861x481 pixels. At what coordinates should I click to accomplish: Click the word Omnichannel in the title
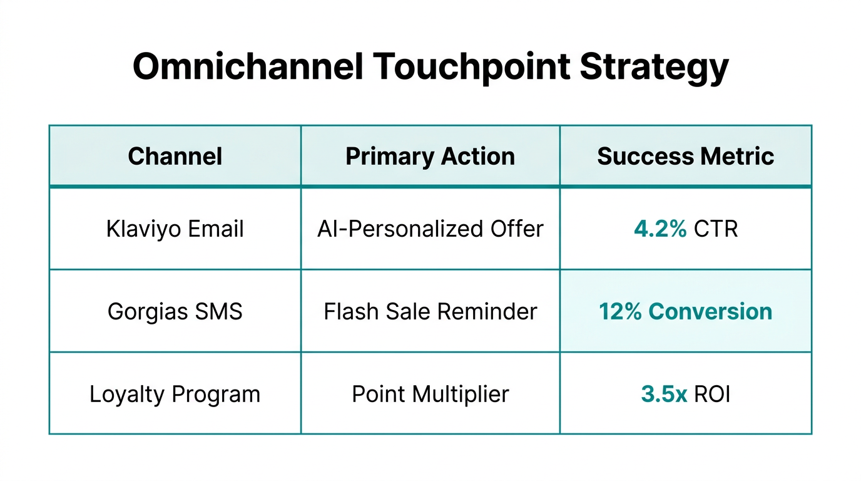(x=248, y=66)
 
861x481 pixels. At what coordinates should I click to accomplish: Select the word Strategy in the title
(x=653, y=68)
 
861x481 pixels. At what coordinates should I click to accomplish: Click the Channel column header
(x=175, y=157)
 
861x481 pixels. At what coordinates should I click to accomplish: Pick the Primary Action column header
(x=430, y=157)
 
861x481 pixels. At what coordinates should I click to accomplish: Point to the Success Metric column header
(x=686, y=157)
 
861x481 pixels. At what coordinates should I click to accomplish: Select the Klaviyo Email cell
(x=175, y=229)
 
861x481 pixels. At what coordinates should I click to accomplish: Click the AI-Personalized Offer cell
(x=430, y=229)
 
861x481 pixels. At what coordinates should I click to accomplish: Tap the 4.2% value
(x=660, y=229)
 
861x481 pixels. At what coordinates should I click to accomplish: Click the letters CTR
(x=716, y=229)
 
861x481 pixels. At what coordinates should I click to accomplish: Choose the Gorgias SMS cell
(x=175, y=311)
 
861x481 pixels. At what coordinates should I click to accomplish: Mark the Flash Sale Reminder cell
(x=430, y=311)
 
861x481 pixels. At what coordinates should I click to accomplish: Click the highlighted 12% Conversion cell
(x=686, y=311)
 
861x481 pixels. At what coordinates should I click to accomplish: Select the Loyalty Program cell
(x=175, y=395)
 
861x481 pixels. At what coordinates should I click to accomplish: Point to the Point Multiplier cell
(x=430, y=395)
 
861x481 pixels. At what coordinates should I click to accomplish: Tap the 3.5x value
(x=664, y=395)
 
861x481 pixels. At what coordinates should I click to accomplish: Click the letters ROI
(x=712, y=395)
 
